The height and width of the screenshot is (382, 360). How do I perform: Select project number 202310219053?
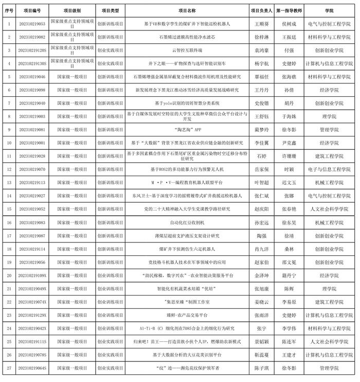32,24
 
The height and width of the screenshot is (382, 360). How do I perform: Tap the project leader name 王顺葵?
262,24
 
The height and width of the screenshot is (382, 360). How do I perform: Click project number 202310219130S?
32,63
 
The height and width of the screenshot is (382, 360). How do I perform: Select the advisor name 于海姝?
289,116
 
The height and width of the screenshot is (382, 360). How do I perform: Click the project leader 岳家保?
262,169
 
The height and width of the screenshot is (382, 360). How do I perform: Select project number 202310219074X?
32,302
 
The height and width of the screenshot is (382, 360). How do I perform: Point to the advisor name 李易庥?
289,302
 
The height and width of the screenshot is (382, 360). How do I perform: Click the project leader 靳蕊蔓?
262,355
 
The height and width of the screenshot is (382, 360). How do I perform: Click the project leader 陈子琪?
262,368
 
